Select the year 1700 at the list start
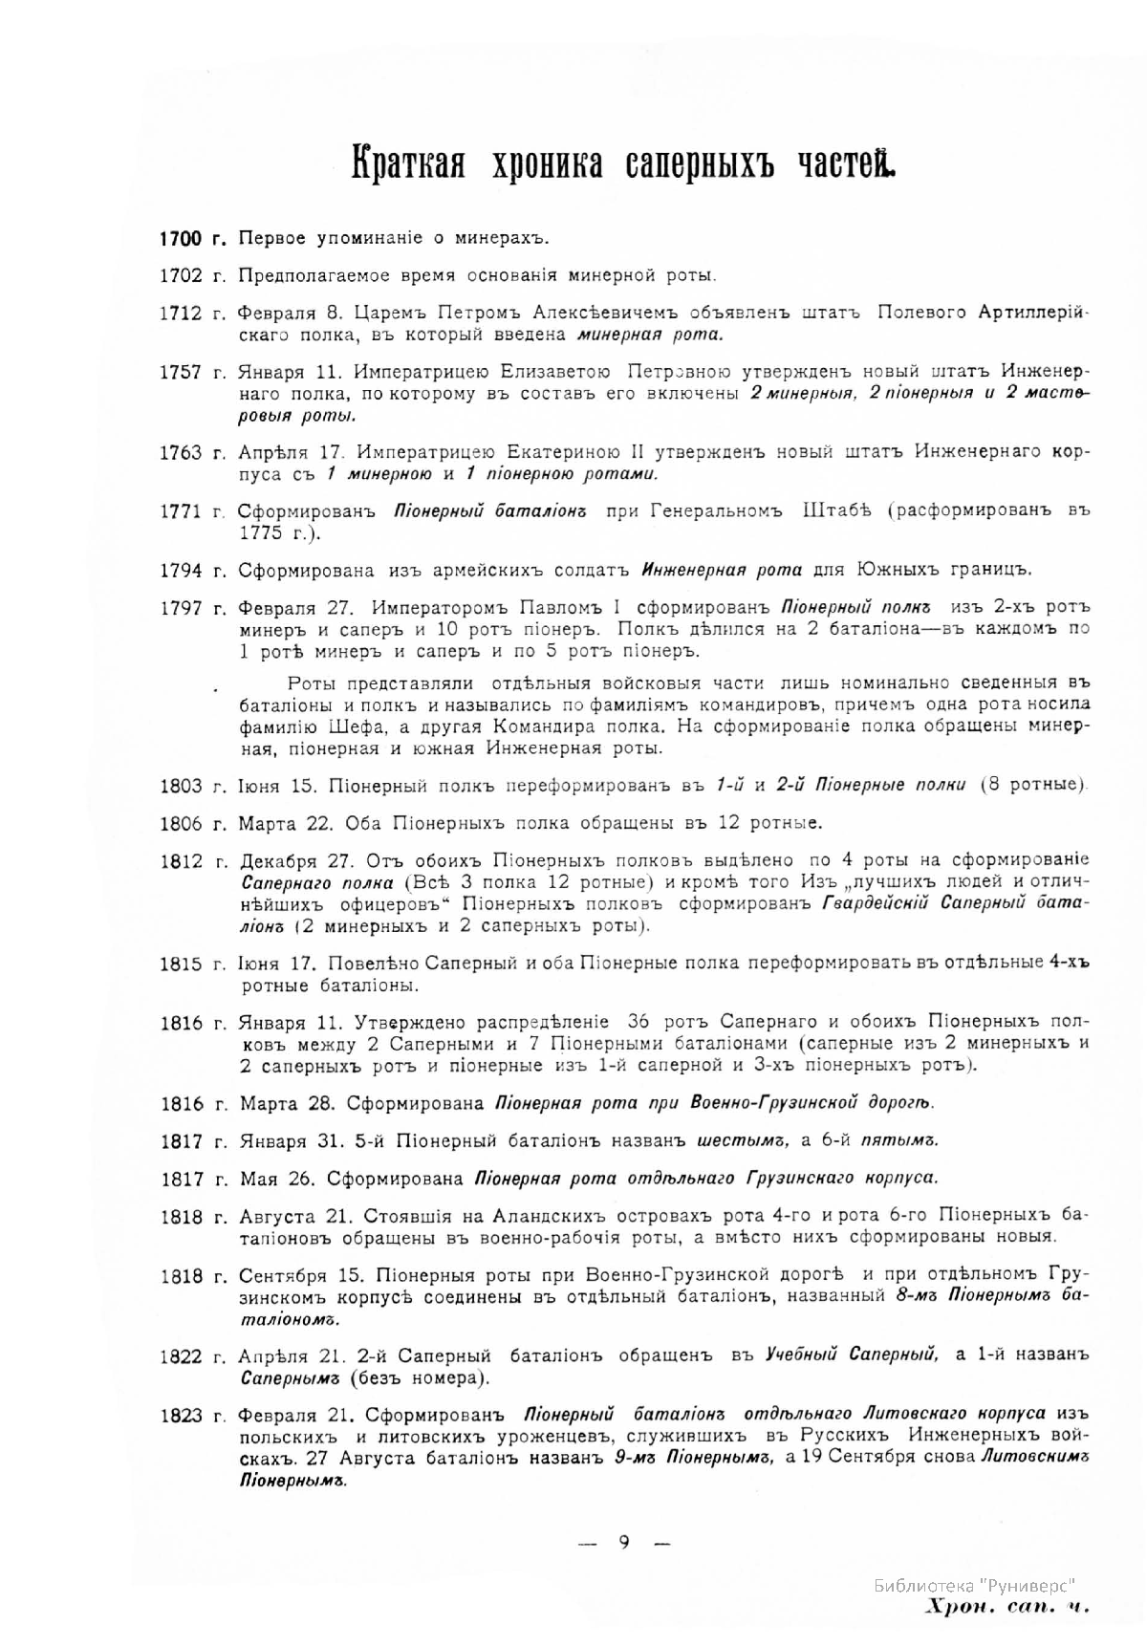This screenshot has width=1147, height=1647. click(181, 238)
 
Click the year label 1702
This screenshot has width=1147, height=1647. click(181, 275)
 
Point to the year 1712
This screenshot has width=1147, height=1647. click(181, 313)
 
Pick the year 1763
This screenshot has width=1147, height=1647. click(181, 452)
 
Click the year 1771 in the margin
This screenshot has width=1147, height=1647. click(181, 511)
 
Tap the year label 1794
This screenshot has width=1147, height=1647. click(181, 571)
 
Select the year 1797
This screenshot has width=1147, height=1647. click(181, 608)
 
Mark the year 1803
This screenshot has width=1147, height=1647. click(181, 786)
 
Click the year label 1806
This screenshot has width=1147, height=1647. click(181, 823)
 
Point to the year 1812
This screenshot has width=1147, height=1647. click(181, 860)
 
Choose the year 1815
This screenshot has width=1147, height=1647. click(181, 963)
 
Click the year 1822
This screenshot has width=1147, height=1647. click(181, 1356)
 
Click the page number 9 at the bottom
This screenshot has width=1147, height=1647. click(623, 1541)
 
